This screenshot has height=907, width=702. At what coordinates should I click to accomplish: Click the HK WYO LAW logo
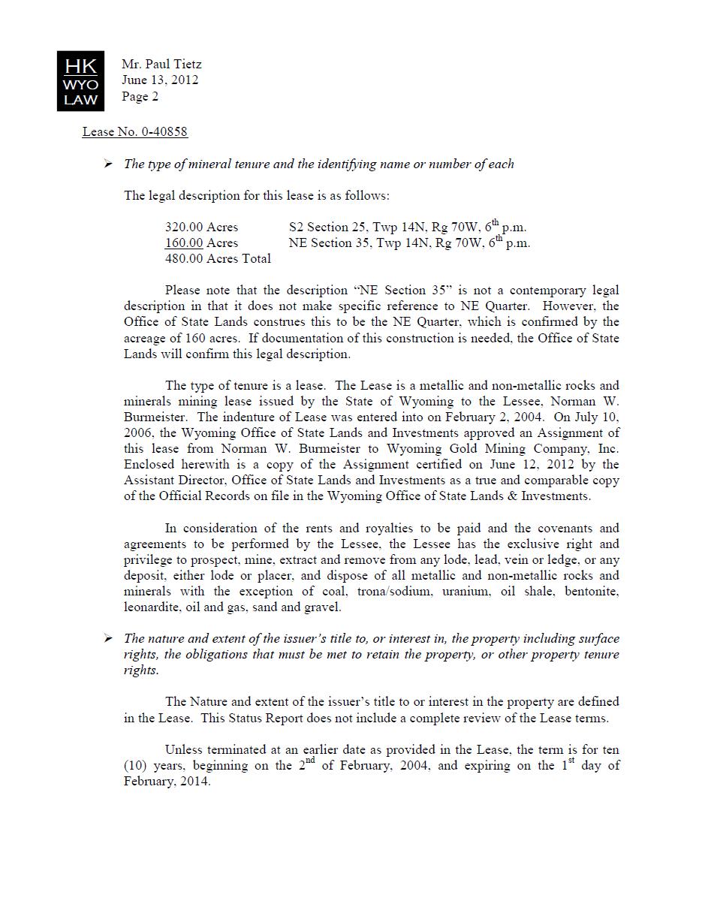81,81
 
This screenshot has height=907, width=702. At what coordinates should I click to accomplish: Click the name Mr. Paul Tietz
161,64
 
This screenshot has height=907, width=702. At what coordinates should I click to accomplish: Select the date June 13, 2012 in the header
160,80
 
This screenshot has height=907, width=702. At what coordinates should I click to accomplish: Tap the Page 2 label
140,96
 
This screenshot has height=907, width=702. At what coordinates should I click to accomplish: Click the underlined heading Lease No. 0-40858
135,132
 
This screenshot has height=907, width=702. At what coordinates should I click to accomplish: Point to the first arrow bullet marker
108,164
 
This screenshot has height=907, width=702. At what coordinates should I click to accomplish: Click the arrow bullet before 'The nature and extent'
108,639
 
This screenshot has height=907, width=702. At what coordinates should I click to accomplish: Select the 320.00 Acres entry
201,228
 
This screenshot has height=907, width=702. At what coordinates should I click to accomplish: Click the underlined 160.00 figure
184,243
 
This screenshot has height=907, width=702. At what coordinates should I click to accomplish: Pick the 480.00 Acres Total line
218,259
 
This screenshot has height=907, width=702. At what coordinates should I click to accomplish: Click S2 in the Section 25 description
297,228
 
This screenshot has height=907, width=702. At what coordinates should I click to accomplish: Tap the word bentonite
592,592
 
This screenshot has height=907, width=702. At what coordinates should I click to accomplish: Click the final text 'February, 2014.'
167,782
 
